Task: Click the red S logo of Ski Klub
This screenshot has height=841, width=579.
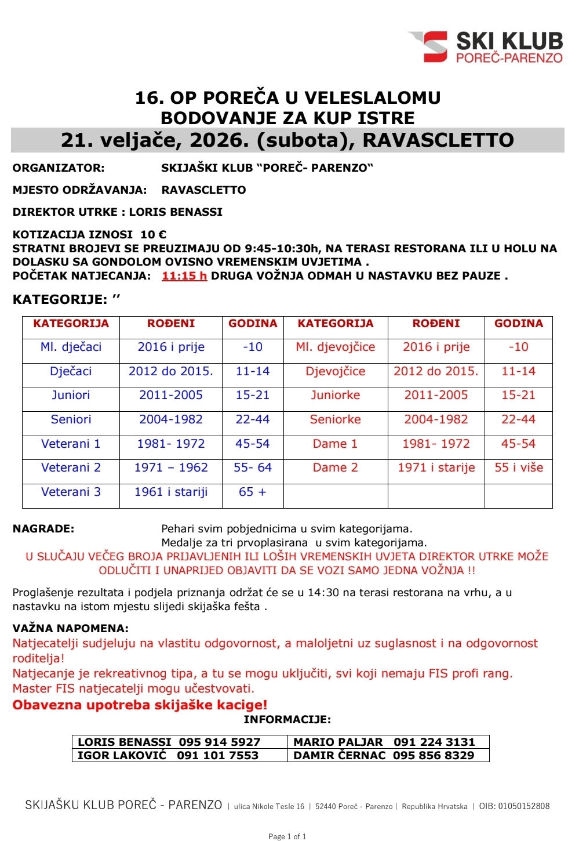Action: point(434,46)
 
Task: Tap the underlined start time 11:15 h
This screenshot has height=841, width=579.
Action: point(184,276)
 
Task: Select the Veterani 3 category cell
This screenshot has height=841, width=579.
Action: point(71,492)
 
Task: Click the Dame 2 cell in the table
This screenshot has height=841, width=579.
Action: point(335,467)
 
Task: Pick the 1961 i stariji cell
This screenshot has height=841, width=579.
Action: point(170,492)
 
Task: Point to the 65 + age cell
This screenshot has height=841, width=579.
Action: point(252,492)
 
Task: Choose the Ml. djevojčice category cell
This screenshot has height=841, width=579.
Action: point(335,347)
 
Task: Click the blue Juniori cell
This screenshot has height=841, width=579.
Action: point(71,395)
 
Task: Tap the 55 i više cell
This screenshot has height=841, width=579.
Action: point(518,467)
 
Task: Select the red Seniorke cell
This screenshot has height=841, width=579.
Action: point(335,419)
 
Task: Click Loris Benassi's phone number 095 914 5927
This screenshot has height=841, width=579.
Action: point(219,742)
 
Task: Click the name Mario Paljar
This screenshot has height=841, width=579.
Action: point(338,742)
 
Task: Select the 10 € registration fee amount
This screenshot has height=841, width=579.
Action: point(153,234)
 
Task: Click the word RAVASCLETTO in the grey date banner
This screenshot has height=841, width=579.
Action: point(438,140)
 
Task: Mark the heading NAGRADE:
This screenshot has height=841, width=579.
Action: point(43,529)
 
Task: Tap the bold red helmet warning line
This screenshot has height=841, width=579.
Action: point(140,705)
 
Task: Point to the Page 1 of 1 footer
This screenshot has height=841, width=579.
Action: point(287,836)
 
